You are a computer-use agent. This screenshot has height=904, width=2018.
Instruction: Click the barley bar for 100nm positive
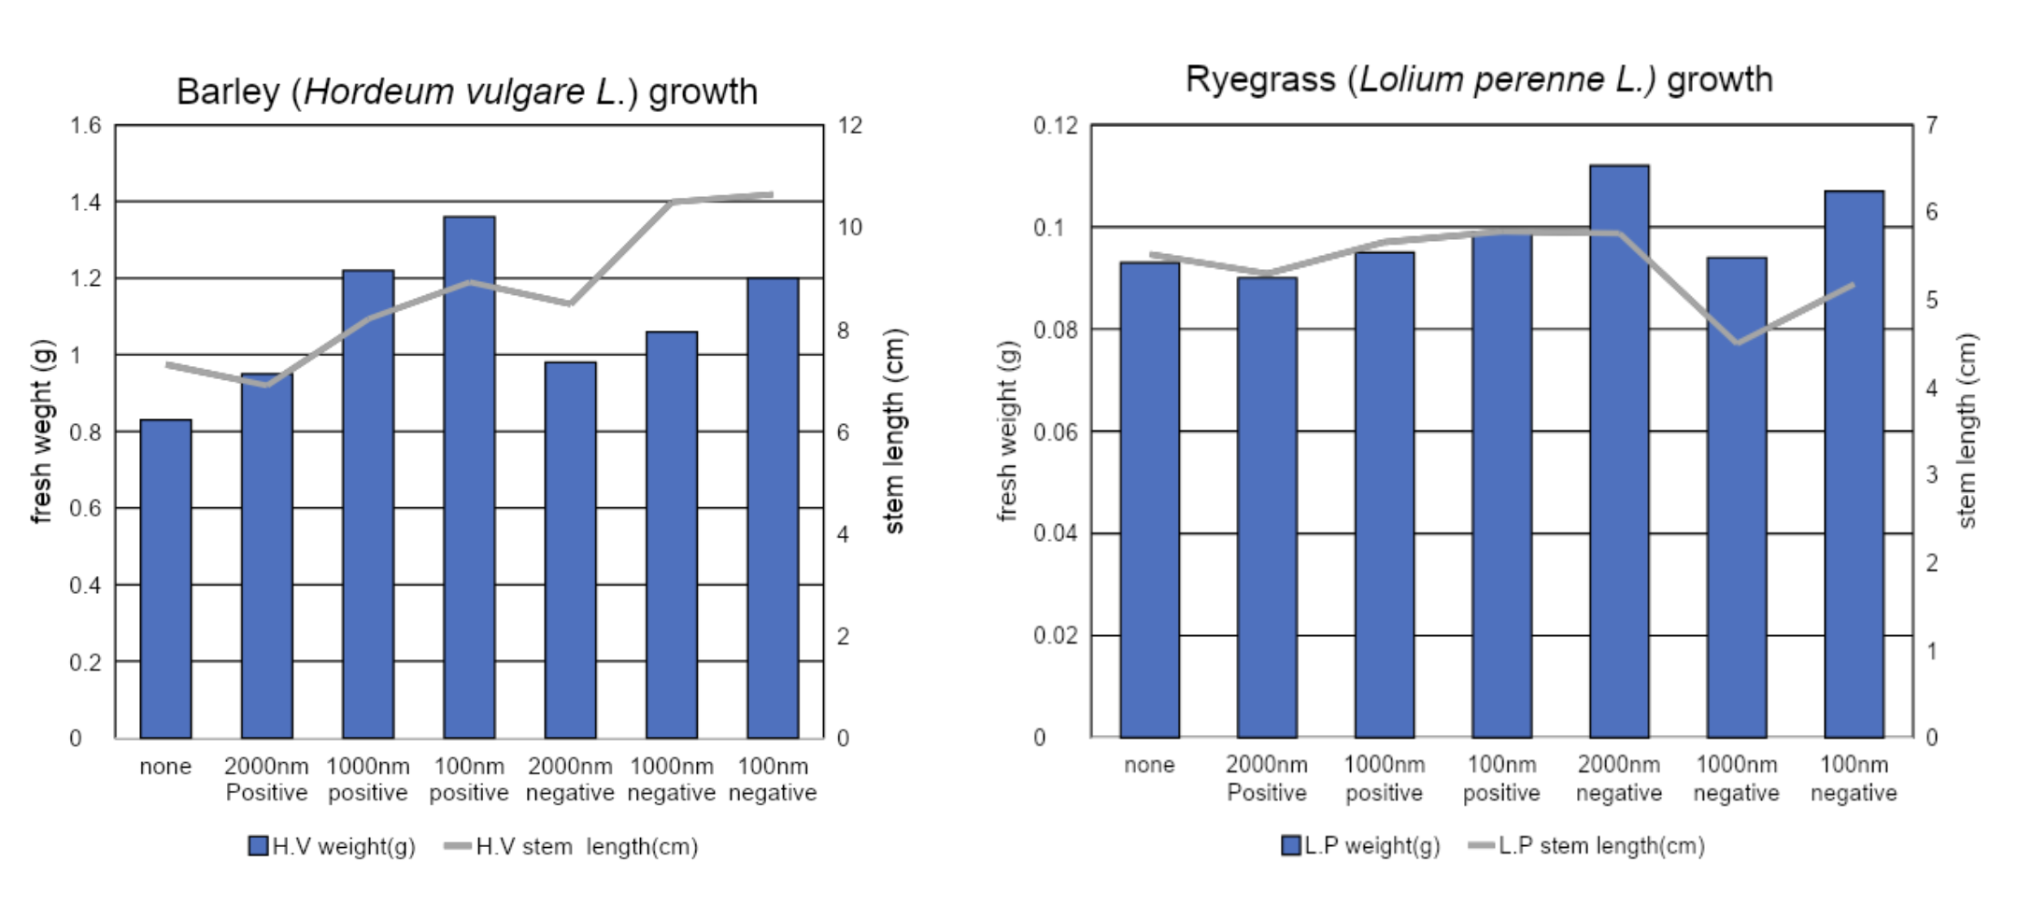[469, 476]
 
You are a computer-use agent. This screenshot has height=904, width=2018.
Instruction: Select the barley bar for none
[165, 579]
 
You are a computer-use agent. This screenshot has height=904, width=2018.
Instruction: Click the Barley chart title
[466, 92]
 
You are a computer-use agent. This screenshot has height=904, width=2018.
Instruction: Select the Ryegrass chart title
[1479, 79]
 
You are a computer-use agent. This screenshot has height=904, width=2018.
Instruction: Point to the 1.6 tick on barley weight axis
[86, 125]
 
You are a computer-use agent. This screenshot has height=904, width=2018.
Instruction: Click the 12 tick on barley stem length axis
[849, 125]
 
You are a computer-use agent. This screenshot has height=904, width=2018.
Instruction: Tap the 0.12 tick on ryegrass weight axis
[1055, 125]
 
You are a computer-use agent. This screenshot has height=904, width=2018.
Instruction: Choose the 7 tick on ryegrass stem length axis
[1932, 125]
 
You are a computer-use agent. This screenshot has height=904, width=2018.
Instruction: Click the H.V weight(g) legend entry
[332, 846]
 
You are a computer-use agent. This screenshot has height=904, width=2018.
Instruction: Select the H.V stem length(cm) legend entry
[572, 846]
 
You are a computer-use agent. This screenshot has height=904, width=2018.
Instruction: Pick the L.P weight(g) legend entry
[1361, 845]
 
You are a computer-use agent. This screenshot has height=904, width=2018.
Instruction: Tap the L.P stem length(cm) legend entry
[1587, 845]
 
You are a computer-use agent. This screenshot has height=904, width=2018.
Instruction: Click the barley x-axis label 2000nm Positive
[266, 779]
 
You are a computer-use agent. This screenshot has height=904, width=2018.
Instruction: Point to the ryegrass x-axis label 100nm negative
[1854, 778]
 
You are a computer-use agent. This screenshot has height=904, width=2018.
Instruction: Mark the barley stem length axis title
[894, 431]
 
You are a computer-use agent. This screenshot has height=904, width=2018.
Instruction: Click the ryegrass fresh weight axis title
[1006, 431]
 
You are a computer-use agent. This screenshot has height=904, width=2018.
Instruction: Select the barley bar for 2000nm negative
[570, 550]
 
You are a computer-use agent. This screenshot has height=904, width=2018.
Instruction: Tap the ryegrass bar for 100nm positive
[1501, 486]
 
